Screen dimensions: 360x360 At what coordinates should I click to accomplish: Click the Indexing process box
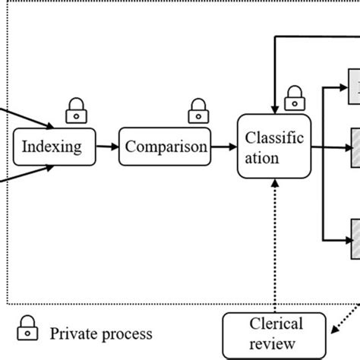[55, 147]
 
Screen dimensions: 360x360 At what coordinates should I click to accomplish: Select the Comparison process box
[165, 147]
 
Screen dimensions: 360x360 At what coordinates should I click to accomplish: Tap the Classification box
[274, 147]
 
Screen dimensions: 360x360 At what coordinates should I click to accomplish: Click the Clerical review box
[274, 336]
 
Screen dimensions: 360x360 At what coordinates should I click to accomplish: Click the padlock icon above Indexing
[77, 111]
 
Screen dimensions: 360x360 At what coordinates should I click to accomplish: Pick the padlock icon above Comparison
[198, 111]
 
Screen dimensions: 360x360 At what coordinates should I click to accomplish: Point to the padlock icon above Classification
[295, 98]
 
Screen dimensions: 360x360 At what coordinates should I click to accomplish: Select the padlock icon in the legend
[27, 328]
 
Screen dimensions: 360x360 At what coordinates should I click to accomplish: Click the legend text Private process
[101, 334]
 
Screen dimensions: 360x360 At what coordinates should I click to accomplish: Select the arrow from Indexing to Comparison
[107, 147]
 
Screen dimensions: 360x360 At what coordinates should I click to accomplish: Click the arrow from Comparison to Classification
[224, 147]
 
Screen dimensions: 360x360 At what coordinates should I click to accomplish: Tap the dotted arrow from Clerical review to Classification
[275, 246]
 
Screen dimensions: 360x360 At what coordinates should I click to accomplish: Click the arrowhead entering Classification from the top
[275, 110]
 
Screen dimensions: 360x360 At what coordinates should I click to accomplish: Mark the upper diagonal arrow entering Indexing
[27, 118]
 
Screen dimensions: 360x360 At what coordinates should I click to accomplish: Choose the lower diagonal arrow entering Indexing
[27, 173]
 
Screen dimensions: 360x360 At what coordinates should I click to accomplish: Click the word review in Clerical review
[272, 344]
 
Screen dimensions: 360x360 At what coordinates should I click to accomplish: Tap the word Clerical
[276, 324]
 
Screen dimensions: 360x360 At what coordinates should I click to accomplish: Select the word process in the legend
[128, 335]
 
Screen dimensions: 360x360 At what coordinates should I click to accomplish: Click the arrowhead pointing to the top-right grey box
[344, 87]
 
